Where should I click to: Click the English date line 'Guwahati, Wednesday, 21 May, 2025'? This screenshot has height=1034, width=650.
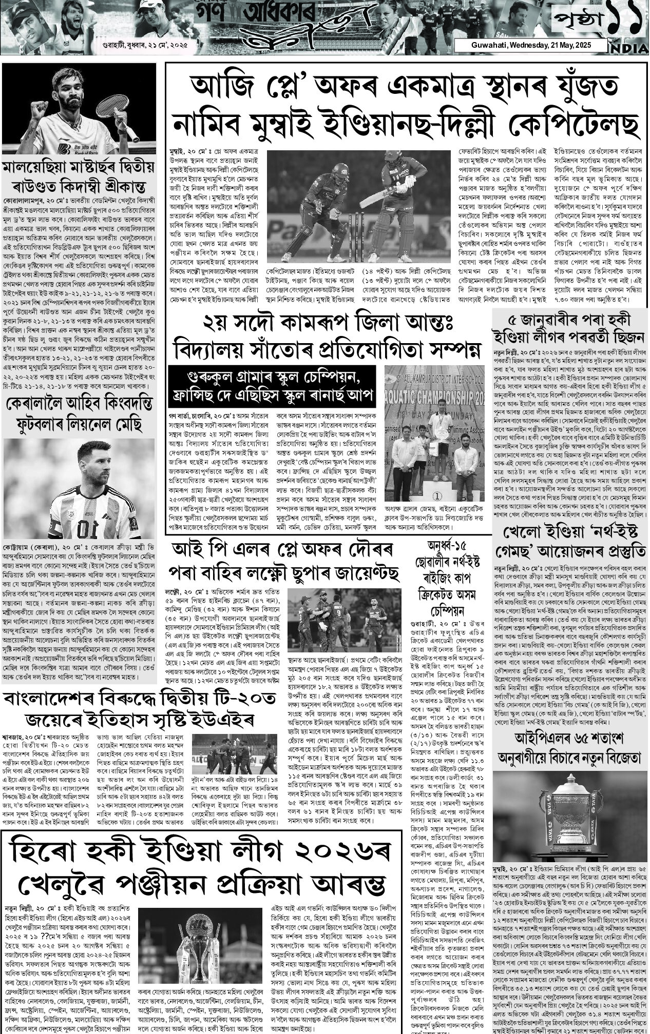[531, 46]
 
